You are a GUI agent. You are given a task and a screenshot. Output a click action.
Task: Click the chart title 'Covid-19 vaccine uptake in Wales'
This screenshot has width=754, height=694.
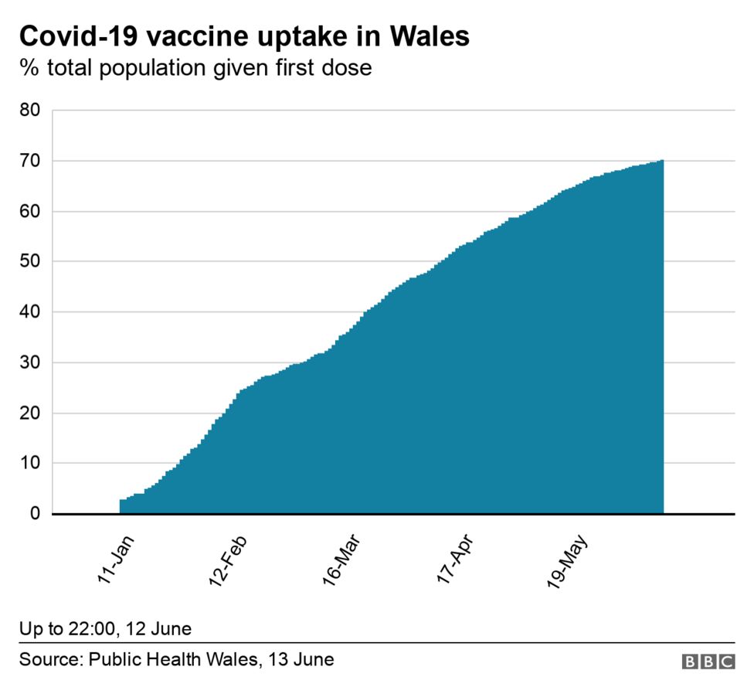pyautogui.click(x=244, y=36)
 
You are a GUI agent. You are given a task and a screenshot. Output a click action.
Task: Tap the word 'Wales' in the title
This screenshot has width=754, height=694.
pyautogui.click(x=430, y=36)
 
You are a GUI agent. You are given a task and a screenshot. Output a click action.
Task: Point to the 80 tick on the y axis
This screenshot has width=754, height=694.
pyautogui.click(x=29, y=111)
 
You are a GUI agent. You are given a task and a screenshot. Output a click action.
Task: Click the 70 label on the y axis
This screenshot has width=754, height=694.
pyautogui.click(x=29, y=161)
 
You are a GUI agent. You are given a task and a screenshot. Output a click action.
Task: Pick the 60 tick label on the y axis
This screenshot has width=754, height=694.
pyautogui.click(x=29, y=211)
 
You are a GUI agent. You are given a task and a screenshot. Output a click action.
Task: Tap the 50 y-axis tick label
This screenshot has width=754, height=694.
pyautogui.click(x=29, y=261)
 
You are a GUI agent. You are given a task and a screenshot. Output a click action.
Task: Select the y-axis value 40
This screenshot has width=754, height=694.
pyautogui.click(x=29, y=312)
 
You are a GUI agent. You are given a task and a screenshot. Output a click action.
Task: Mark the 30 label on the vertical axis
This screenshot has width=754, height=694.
pyautogui.click(x=29, y=362)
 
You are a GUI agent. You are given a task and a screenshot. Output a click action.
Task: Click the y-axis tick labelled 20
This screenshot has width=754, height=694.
pyautogui.click(x=29, y=413)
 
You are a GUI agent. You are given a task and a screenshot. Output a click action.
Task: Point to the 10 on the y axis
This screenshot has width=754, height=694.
pyautogui.click(x=29, y=463)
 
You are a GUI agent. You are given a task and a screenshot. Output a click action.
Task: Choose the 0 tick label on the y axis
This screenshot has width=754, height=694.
pyautogui.click(x=35, y=514)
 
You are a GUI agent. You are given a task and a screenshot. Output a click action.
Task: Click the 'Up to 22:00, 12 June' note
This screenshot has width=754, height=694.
pyautogui.click(x=106, y=628)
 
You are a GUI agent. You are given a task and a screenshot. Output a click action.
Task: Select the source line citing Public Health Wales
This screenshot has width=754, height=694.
pyautogui.click(x=177, y=659)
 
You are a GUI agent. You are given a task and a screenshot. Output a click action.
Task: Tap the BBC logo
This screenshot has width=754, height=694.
pyautogui.click(x=708, y=661)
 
